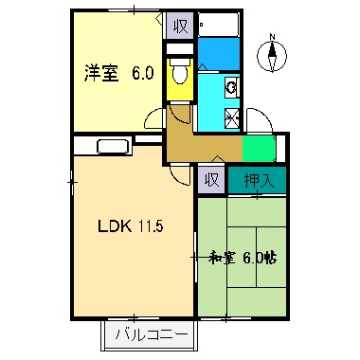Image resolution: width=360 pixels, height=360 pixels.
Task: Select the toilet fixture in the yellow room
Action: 179,74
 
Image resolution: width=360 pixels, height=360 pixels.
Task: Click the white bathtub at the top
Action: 219,25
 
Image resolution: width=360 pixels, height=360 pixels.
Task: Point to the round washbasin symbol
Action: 230,89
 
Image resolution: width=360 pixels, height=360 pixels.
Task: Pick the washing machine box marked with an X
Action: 230,117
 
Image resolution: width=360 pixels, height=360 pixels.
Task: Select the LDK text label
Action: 111,226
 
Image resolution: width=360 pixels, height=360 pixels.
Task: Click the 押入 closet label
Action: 256,180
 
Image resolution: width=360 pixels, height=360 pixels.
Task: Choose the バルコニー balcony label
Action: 150,333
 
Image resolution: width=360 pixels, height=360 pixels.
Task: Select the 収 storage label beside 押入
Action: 211,179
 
